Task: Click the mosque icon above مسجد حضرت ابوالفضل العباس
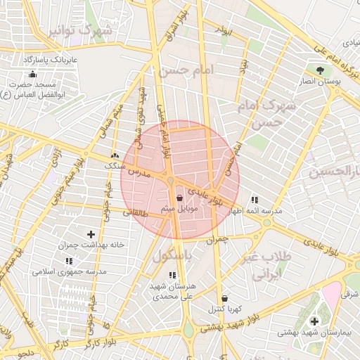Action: point(32,75)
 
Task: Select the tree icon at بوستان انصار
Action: point(321,70)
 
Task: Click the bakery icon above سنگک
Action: point(114,155)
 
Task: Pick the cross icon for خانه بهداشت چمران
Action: point(91,234)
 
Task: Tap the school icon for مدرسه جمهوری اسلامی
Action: point(69,261)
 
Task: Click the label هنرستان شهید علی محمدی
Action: point(173,292)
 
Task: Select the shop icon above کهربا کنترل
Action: point(224,299)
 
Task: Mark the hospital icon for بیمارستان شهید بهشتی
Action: point(314,321)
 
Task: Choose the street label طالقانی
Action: point(135,212)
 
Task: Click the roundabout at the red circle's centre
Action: point(171,183)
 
